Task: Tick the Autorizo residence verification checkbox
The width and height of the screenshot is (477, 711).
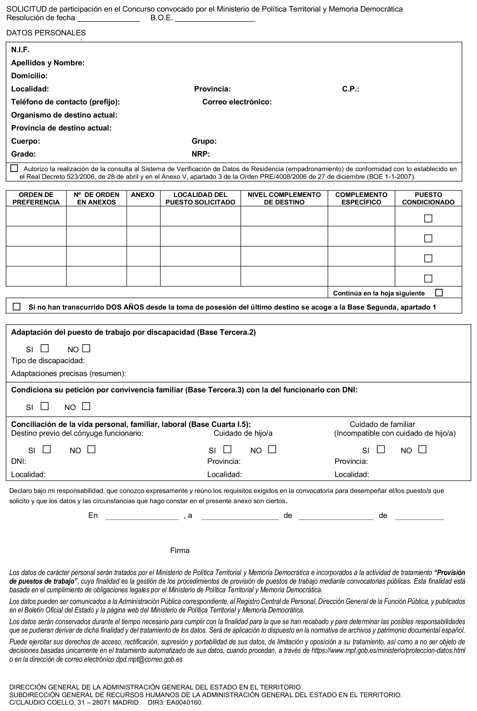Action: coord(14,168)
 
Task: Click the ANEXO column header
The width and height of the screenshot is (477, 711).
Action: coord(143,195)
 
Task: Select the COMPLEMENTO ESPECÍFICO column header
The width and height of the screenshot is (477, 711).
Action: coord(361,198)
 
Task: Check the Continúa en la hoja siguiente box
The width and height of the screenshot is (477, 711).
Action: coord(439,292)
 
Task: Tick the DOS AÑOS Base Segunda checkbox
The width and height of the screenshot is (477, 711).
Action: coord(16,307)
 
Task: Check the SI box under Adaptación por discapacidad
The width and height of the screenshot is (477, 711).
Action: coord(45,348)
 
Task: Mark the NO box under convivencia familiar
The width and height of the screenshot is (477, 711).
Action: coord(86,406)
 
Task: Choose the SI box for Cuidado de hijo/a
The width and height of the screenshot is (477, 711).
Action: coord(227,449)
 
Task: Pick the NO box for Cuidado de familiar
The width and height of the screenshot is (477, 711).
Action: coord(422,449)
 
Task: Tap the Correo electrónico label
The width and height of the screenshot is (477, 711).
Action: coord(237,102)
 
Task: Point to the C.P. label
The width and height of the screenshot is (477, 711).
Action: coord(350,89)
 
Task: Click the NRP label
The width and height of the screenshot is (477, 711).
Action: coord(201,154)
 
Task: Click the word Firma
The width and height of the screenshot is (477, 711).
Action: coord(180,550)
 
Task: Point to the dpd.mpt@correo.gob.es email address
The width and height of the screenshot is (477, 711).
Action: coord(149,659)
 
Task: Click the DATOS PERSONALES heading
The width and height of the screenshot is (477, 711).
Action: coord(46,33)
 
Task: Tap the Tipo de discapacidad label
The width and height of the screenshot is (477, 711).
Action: coord(48,361)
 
